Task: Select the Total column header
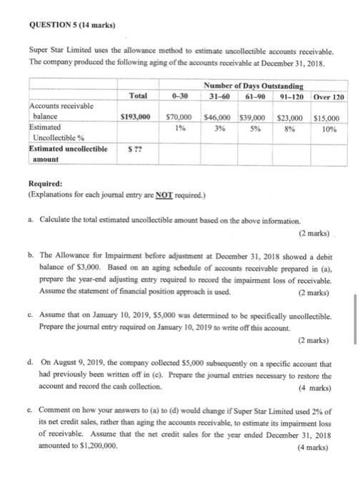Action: tap(139, 96)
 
